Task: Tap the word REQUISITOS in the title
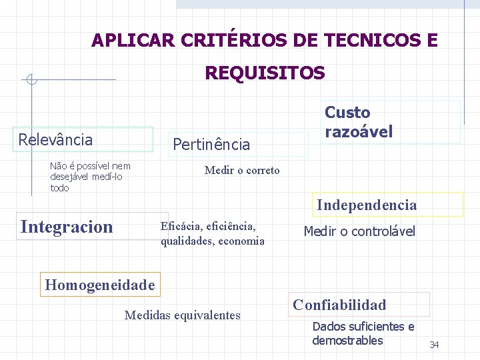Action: [265, 73]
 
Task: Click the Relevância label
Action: [56, 139]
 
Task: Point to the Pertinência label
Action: [211, 144]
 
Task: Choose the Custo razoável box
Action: [359, 122]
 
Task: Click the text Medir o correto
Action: [242, 170]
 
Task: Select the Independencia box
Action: [367, 205]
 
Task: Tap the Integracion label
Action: [67, 227]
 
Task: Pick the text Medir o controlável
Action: [359, 231]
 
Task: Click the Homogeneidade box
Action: [99, 285]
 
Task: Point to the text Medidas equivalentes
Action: [182, 315]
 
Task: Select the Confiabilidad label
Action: [339, 305]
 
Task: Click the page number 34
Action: [434, 345]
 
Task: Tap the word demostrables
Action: [347, 341]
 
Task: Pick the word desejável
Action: [71, 177]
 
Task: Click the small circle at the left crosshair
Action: [30, 81]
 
